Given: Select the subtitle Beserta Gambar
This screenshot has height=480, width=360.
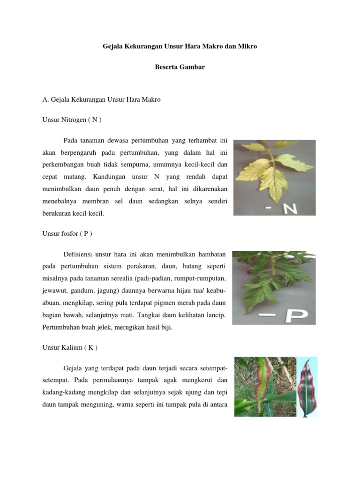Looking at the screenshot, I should tap(180, 67).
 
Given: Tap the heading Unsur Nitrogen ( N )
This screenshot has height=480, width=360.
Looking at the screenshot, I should tap(72, 120).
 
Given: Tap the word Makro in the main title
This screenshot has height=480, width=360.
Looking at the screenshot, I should tap(209, 47).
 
